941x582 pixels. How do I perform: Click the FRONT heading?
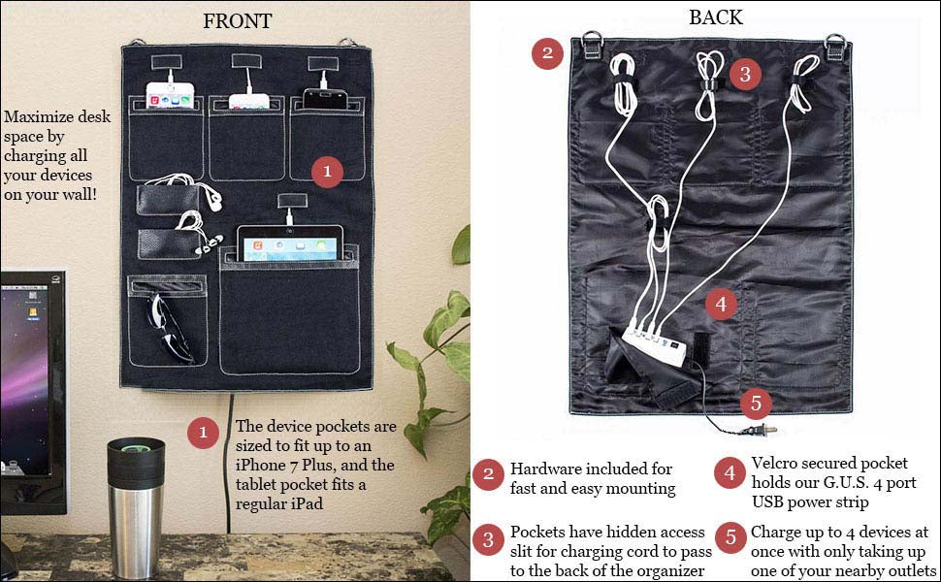coord(237,21)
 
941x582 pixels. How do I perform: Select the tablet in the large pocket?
coord(291,244)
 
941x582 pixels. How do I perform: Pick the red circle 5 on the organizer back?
coord(758,404)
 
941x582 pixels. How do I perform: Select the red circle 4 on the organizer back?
coord(720,304)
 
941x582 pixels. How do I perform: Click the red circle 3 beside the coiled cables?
coord(744,73)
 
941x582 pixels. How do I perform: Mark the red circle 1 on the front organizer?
coord(327,172)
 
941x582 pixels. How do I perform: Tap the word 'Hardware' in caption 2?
coord(544,469)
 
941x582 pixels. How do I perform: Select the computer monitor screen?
coord(31,378)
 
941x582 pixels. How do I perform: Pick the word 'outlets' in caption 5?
coord(909,571)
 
